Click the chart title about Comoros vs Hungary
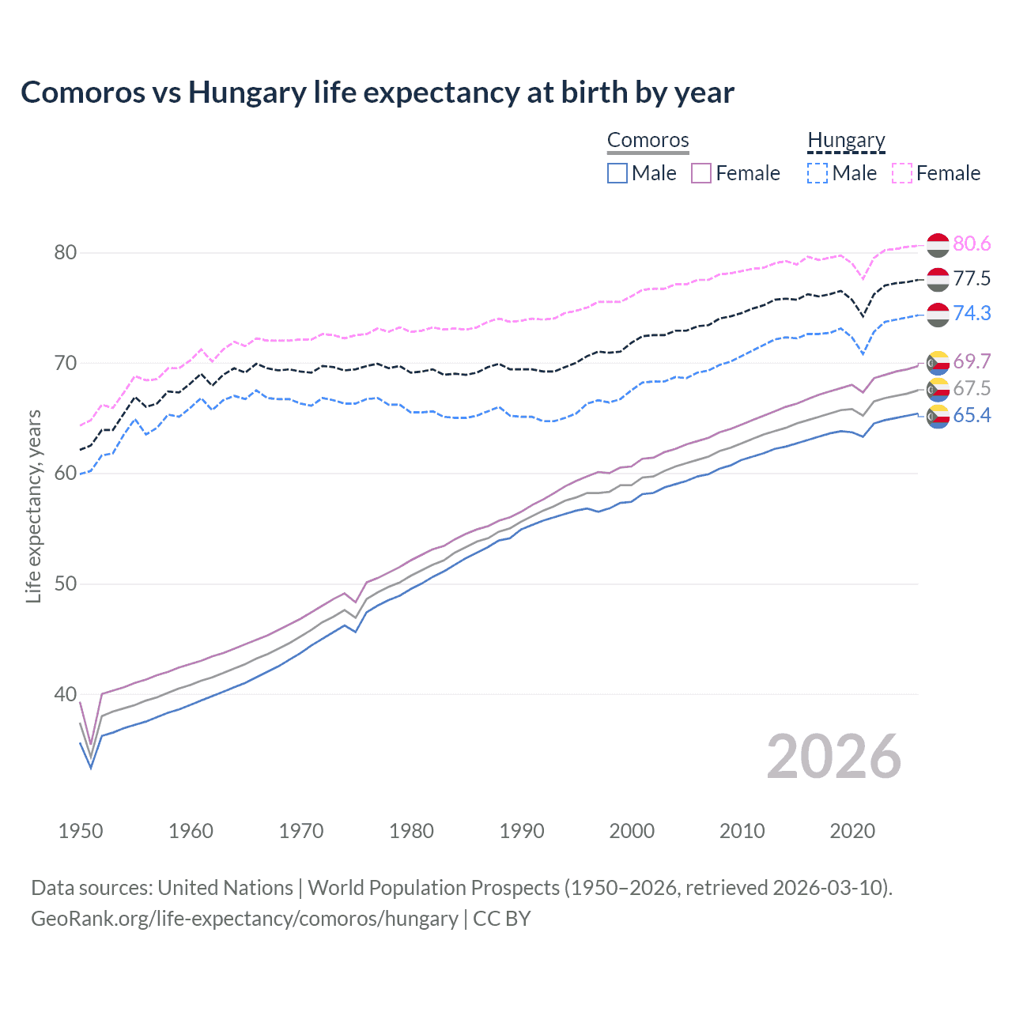point(377,93)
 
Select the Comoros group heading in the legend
point(648,140)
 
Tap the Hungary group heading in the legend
point(846,140)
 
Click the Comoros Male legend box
point(617,173)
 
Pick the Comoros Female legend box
point(702,173)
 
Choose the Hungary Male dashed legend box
point(818,173)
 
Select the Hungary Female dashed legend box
point(902,173)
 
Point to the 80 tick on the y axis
point(65,253)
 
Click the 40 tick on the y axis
point(65,695)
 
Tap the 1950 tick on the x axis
point(81,831)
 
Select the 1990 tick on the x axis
point(522,831)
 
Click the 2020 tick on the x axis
point(852,831)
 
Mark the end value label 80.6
point(972,244)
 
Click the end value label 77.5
point(972,279)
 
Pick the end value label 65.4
point(972,416)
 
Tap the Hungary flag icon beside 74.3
point(938,314)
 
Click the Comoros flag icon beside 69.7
point(938,362)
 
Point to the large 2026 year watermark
point(833,757)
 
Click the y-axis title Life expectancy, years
point(33,506)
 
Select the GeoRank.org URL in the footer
point(244,919)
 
